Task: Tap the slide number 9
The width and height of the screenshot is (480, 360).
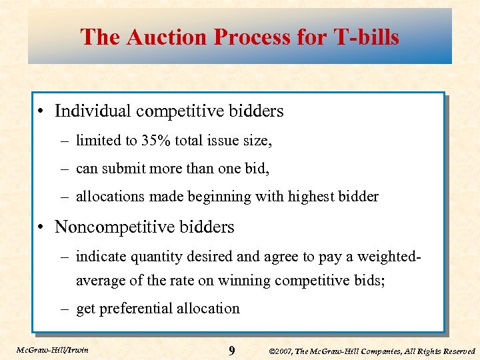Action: click(x=231, y=349)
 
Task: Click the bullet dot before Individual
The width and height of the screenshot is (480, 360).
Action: click(x=41, y=111)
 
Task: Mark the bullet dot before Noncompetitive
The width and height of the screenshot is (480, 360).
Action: click(x=41, y=228)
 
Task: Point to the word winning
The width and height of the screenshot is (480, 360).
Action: click(x=240, y=281)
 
